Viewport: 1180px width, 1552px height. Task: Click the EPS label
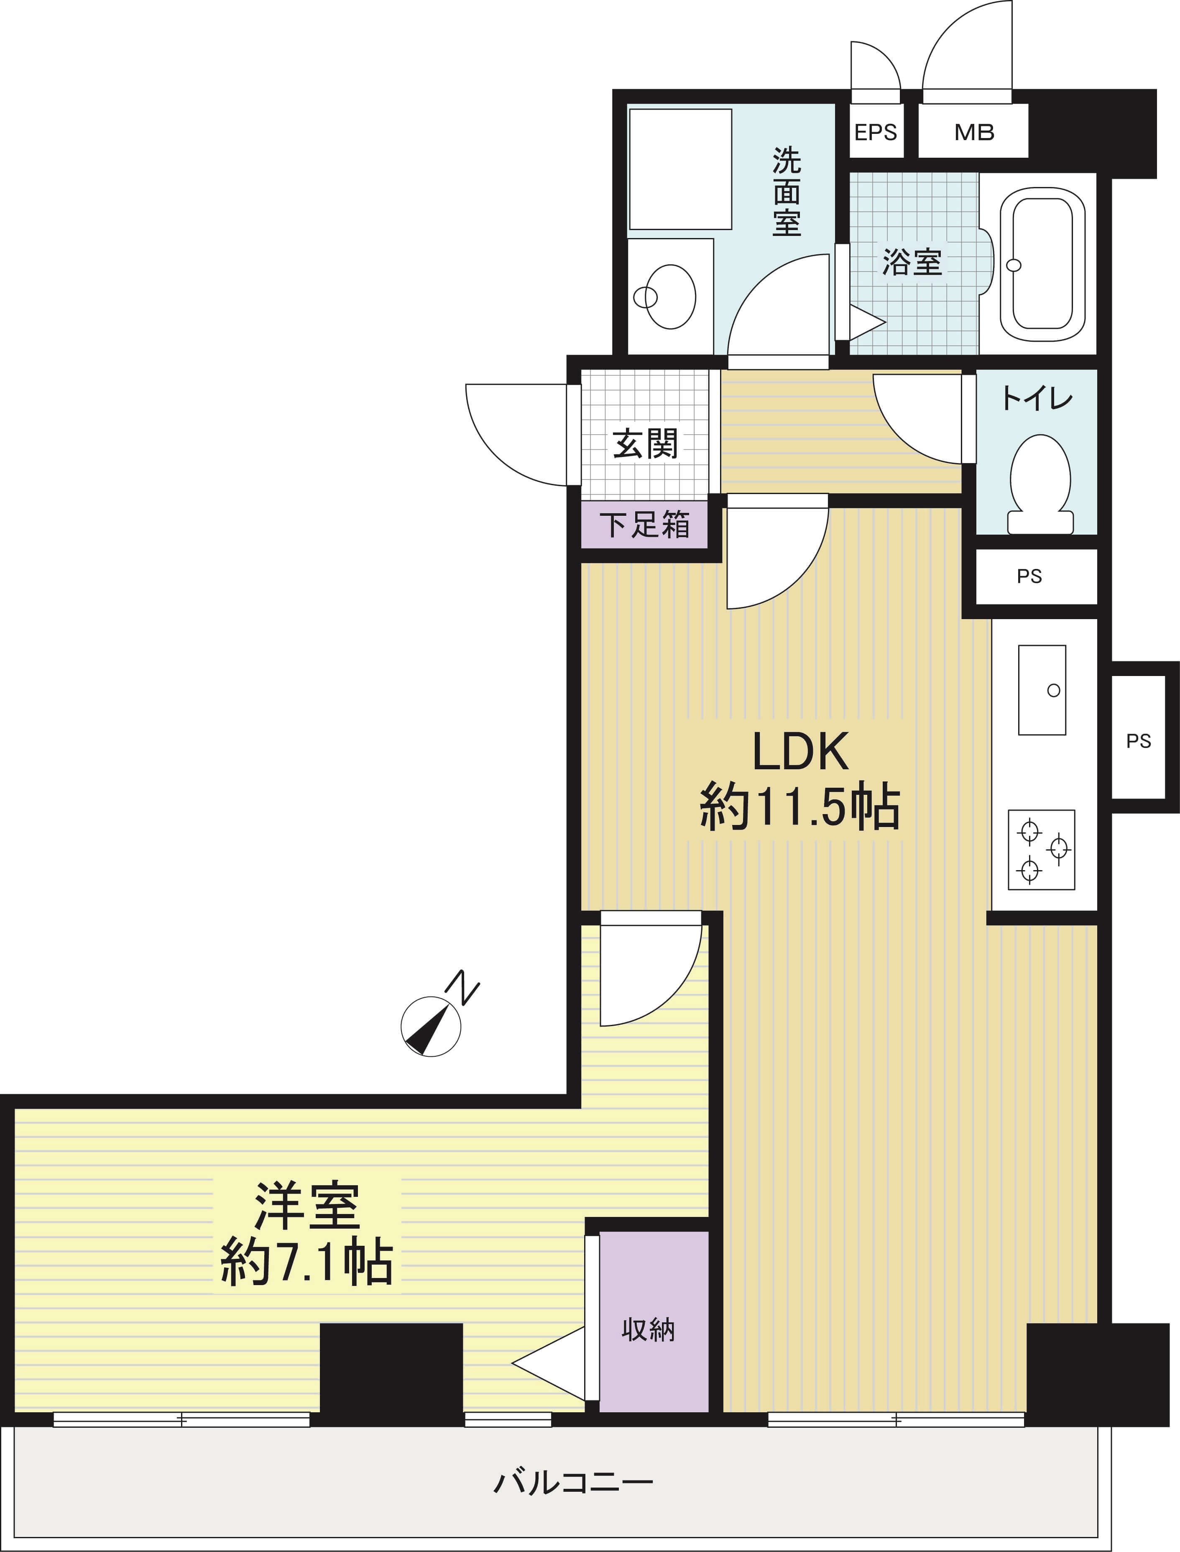coord(875,132)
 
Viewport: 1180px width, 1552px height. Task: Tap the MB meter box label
coord(974,132)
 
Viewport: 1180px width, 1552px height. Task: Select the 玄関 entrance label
coord(645,443)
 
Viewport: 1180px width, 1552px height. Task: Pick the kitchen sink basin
coord(1042,690)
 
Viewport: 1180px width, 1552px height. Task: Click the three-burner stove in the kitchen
coord(1041,850)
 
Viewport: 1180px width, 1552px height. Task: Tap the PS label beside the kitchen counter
coord(1139,740)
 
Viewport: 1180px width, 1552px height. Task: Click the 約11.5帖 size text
coord(799,807)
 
